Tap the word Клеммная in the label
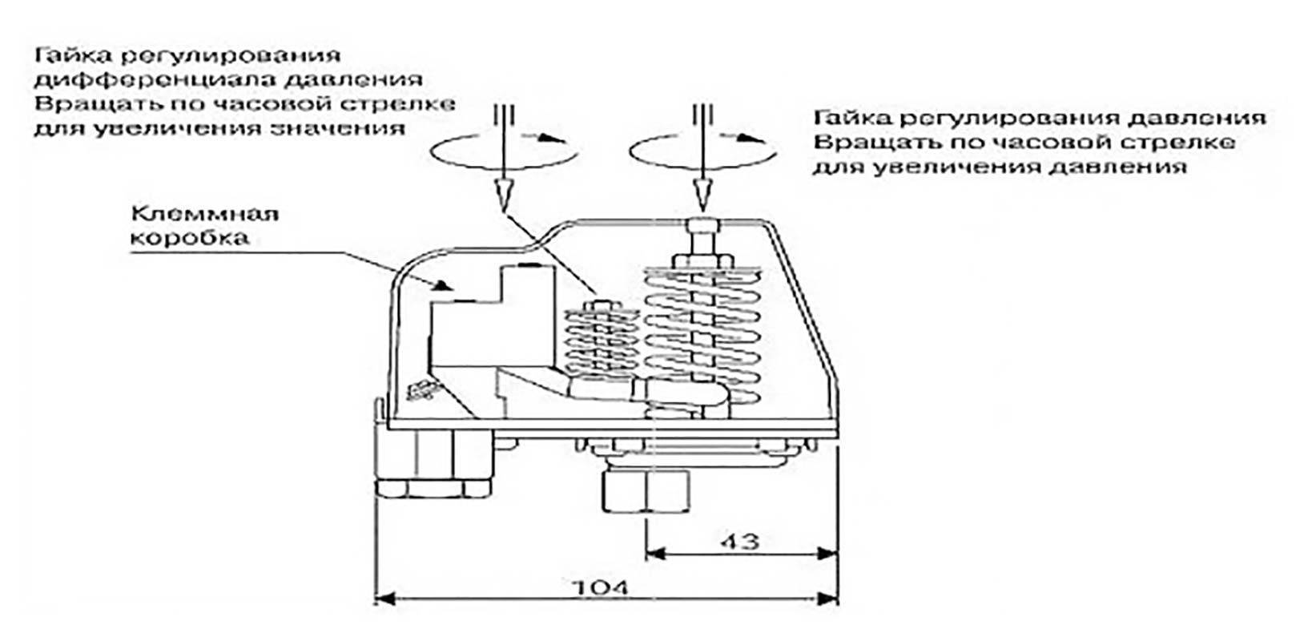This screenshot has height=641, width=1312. (x=204, y=212)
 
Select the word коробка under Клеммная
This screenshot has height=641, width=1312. (x=189, y=238)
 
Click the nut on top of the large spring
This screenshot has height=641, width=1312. (x=702, y=260)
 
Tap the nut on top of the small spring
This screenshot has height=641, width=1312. (x=602, y=306)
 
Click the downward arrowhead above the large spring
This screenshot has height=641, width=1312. (x=702, y=194)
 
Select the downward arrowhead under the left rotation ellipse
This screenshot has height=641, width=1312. (x=503, y=194)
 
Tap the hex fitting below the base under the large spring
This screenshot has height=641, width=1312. (x=646, y=491)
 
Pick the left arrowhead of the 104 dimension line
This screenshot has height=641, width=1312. (x=384, y=599)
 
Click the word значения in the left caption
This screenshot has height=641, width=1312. (x=339, y=128)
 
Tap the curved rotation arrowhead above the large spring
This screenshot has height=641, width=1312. (x=753, y=139)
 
